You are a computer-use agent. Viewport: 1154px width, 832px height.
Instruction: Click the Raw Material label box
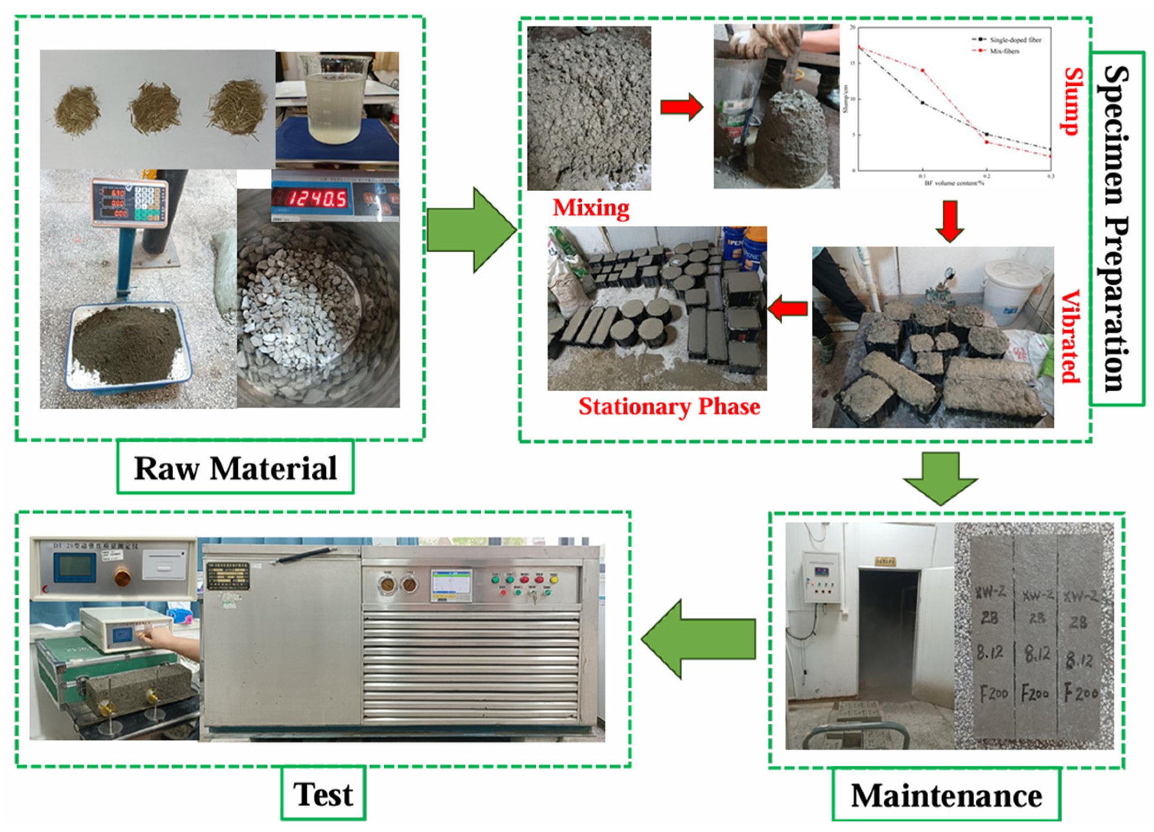[x=235, y=467]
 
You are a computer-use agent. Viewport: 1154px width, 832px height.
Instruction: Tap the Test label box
[x=323, y=794]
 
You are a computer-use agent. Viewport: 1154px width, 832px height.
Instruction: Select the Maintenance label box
[x=946, y=795]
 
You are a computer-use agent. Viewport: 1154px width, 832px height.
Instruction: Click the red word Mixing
[x=591, y=208]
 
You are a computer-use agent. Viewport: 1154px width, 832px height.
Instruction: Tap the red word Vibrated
[x=1069, y=336]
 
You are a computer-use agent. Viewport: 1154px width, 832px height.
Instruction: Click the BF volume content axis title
[x=954, y=183]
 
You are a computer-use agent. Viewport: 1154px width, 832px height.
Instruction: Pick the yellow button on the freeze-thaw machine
[x=554, y=579]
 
